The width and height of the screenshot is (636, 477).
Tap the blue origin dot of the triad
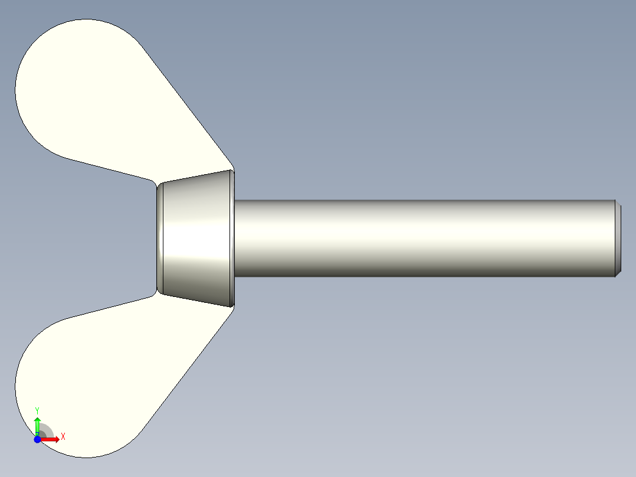37,440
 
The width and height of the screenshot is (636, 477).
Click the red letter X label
63,437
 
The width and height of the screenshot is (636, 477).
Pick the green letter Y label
37,410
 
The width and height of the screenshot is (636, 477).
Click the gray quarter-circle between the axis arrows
45,432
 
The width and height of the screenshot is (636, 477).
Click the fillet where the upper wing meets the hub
155,182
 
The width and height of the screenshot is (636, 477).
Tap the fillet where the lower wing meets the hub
155,293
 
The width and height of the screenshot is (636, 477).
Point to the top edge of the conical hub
195,176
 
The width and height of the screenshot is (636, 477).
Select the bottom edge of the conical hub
195,299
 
